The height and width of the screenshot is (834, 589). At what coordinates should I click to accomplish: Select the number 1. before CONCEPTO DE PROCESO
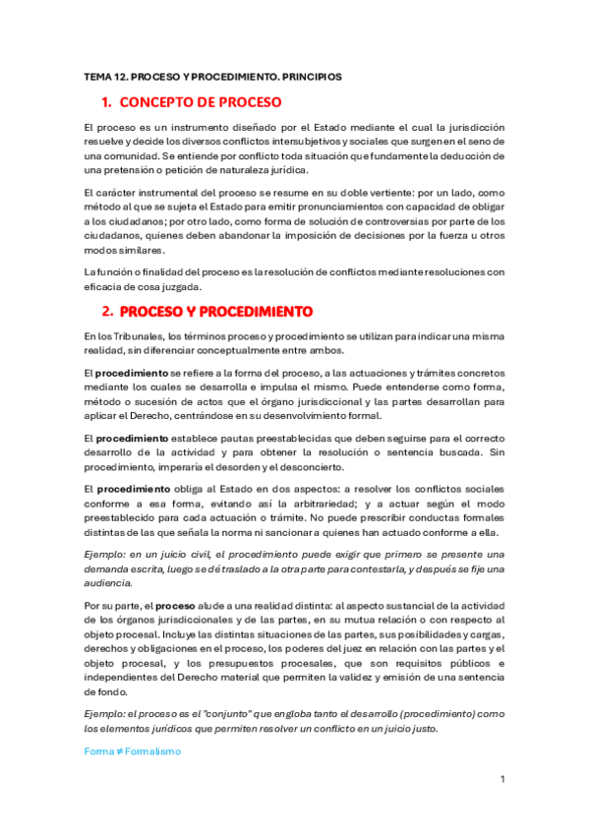[108, 102]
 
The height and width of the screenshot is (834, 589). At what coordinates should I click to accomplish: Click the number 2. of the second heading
[108, 312]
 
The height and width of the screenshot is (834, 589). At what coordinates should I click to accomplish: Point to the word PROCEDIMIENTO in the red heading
[255, 312]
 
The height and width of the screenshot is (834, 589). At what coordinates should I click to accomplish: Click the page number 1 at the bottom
[501, 779]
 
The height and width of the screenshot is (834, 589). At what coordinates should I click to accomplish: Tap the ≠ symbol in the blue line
[118, 750]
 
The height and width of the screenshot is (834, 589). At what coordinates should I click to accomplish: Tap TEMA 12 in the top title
[102, 75]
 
